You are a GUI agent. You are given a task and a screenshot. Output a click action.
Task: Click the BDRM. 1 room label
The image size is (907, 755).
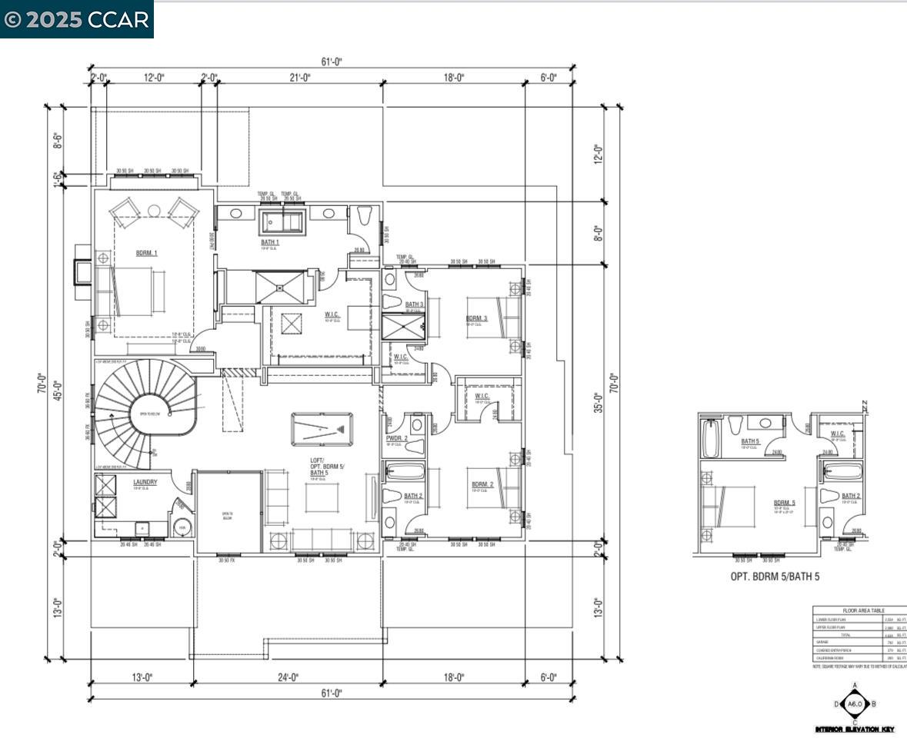pos(146,253)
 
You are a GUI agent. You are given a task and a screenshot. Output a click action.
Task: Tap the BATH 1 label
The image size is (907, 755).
pos(269,242)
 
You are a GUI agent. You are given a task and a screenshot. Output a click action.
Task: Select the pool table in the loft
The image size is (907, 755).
pos(322,428)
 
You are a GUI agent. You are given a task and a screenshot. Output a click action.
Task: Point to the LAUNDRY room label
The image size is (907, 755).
pos(145,482)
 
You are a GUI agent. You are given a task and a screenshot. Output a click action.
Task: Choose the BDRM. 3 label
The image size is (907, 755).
pos(476,318)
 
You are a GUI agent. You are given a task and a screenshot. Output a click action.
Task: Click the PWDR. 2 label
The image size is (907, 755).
pos(397,438)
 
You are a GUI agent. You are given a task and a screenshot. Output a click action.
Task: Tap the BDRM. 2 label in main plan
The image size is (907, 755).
pos(482,484)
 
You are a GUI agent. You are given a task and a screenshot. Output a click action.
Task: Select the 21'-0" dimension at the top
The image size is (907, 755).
pos(300,78)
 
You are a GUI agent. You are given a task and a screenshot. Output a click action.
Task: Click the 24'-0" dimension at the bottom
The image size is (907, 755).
pos(288,677)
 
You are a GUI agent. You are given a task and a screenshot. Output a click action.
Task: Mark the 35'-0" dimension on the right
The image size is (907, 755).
pos(598,402)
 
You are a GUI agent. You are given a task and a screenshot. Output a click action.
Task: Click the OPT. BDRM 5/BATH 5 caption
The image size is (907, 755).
pos(775,576)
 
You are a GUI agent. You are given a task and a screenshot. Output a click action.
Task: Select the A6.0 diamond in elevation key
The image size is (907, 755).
pos(855,703)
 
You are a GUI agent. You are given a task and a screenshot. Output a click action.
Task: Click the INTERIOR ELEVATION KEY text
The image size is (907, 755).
pos(855,729)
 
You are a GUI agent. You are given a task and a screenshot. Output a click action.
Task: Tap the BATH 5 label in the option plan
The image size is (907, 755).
pos(750,441)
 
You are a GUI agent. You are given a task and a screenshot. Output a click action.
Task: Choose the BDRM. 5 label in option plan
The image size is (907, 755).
pos(785,503)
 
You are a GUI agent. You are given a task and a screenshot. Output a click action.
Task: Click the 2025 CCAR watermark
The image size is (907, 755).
pos(77,19)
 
